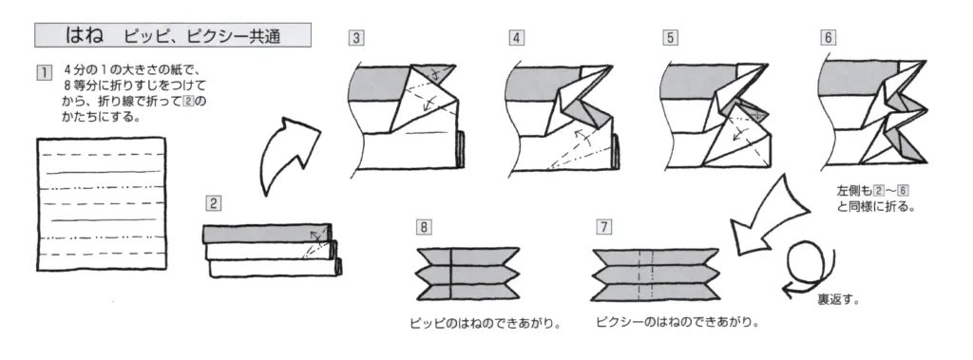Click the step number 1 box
coord(41,73)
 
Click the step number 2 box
coord(214,202)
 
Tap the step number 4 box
coord(516,39)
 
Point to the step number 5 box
coord(671,39)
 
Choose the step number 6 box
coord(829,39)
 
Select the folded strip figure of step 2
coord(271,249)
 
